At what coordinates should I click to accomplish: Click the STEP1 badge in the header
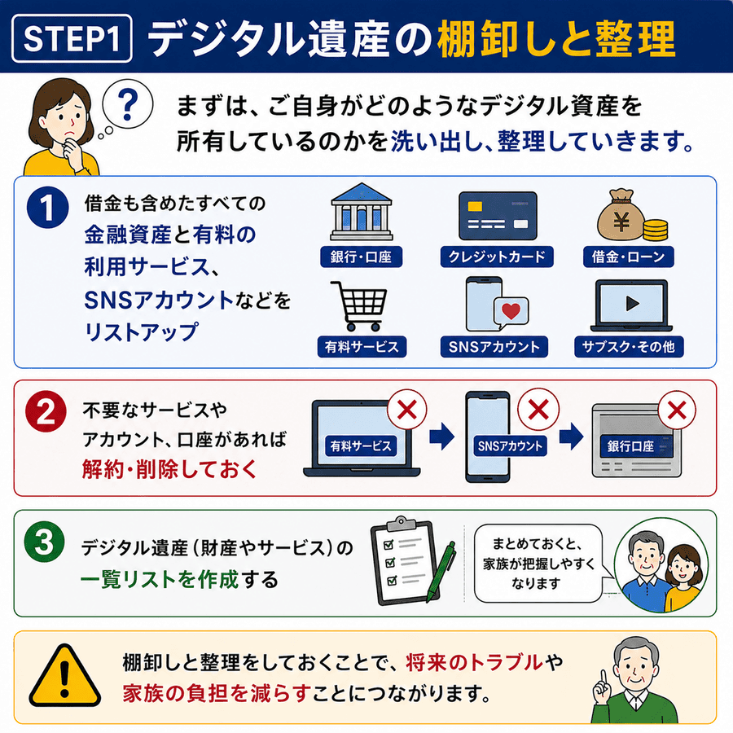click(72, 38)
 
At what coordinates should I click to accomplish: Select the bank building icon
click(362, 212)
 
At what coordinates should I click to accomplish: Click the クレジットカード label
click(497, 257)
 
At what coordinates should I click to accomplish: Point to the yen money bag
click(621, 216)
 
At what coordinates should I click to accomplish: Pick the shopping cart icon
click(359, 306)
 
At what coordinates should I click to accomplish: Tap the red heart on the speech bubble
click(511, 310)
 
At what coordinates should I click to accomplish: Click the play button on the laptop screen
click(632, 304)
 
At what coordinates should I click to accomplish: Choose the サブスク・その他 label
click(629, 347)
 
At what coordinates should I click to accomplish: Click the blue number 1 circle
click(48, 208)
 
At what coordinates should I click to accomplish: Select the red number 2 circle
click(46, 411)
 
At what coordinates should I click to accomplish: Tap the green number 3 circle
click(45, 542)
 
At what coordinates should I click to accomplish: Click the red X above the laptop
click(406, 410)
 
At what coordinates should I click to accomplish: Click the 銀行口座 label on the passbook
click(630, 446)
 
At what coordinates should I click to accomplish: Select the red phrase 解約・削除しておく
click(169, 469)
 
